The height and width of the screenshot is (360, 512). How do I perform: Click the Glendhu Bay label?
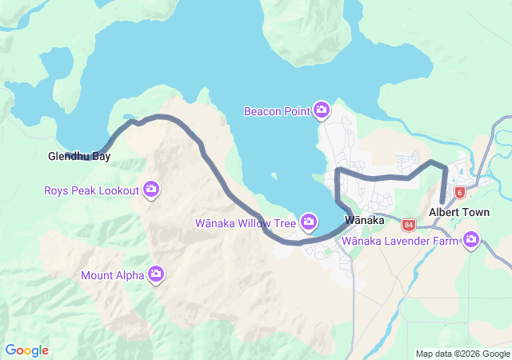click(79, 157)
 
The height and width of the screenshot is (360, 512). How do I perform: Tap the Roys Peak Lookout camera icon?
click(151, 190)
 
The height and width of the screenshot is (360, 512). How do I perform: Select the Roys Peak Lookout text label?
click(91, 190)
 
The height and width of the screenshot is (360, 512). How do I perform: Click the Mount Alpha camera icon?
click(156, 275)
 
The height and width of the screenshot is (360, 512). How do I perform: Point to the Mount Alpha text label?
click(113, 276)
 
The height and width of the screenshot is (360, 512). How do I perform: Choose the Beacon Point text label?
click(277, 111)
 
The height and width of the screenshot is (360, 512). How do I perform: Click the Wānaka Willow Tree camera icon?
click(309, 222)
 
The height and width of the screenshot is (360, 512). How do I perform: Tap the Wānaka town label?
click(365, 220)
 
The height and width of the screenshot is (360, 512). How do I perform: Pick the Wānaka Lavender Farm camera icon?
click(472, 239)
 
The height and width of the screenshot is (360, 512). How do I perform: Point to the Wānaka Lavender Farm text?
click(401, 240)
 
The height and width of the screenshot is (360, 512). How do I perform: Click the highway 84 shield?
click(409, 225)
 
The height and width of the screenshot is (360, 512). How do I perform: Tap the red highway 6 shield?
click(460, 192)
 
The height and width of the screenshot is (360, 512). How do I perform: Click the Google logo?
click(26, 350)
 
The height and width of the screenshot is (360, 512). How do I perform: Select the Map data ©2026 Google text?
click(462, 354)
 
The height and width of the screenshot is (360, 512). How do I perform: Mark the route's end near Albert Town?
click(442, 202)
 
